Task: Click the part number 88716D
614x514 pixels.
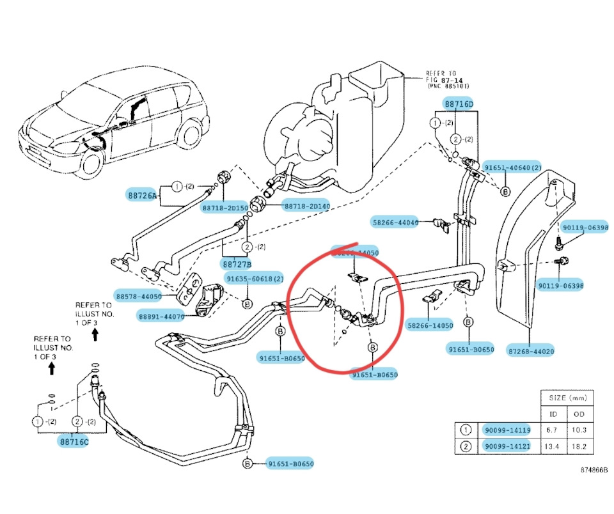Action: pos(459,104)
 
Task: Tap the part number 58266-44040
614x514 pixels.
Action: pos(395,222)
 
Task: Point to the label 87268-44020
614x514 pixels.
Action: pos(531,351)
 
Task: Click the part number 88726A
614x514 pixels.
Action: pos(141,196)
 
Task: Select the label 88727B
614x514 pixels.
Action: pos(237,263)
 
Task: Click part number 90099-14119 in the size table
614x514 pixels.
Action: pos(507,430)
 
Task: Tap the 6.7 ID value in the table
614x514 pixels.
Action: pos(554,430)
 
